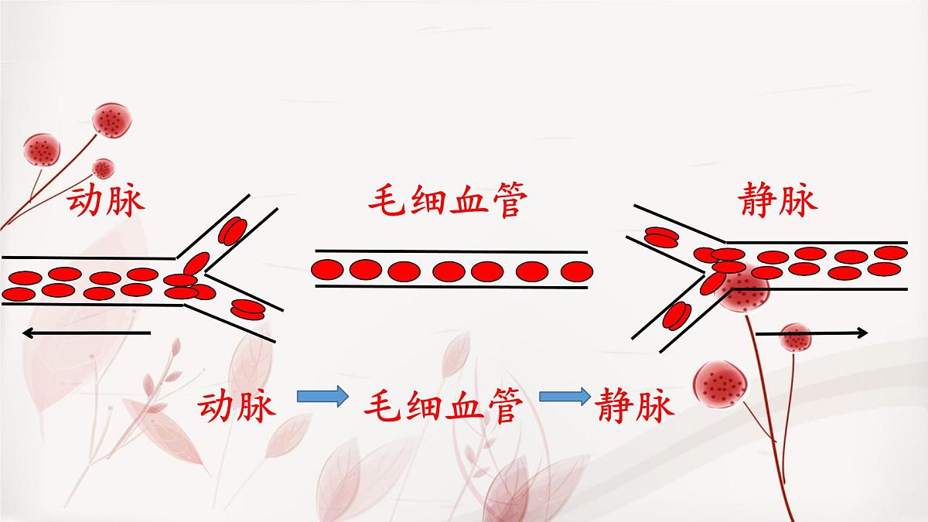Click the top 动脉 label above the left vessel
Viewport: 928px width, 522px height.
106,202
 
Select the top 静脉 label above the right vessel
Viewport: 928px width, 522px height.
778,200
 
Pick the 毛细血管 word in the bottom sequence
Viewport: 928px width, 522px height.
443,405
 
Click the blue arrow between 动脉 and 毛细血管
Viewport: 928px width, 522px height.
322,397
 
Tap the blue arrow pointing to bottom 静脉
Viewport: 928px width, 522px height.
565,397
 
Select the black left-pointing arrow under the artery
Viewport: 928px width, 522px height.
87,333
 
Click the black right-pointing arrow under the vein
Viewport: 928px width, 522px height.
812,333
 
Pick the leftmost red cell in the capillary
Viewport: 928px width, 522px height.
327,270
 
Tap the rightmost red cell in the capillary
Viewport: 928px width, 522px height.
577,271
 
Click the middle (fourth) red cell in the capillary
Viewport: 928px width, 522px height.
449,271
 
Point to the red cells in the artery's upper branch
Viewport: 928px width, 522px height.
233,230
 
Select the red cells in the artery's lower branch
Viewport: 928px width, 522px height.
247,310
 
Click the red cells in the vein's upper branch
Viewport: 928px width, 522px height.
662,237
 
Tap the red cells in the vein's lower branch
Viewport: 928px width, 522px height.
677,316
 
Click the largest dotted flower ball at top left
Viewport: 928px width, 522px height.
112,121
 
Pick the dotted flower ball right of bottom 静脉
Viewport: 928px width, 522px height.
721,384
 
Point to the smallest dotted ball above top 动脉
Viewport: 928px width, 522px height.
103,169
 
